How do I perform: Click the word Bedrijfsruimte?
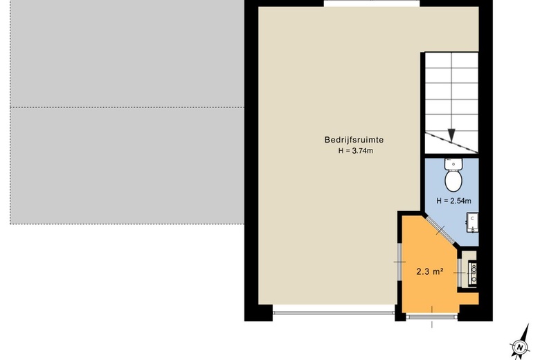tap(354, 140)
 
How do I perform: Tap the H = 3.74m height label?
tap(355, 150)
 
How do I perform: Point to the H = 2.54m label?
tap(453, 201)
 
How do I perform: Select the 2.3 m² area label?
tap(429, 271)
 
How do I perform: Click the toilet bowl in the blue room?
tap(453, 181)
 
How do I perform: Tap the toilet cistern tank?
tap(453, 164)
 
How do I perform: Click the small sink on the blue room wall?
tap(472, 222)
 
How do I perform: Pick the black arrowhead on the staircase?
tap(451, 135)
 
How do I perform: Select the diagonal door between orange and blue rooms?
tap(441, 230)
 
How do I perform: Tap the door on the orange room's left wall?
tap(399, 262)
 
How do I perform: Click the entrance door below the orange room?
tap(432, 315)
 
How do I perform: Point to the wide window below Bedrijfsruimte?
tap(334, 313)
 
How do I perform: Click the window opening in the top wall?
tap(372, 3)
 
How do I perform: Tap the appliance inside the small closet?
tap(473, 273)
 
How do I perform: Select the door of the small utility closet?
tap(460, 272)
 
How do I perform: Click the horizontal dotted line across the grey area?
tap(127, 107)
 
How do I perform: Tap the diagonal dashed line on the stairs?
tap(451, 143)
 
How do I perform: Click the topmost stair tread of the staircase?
tap(451, 60)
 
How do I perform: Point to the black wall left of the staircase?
tap(422, 132)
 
